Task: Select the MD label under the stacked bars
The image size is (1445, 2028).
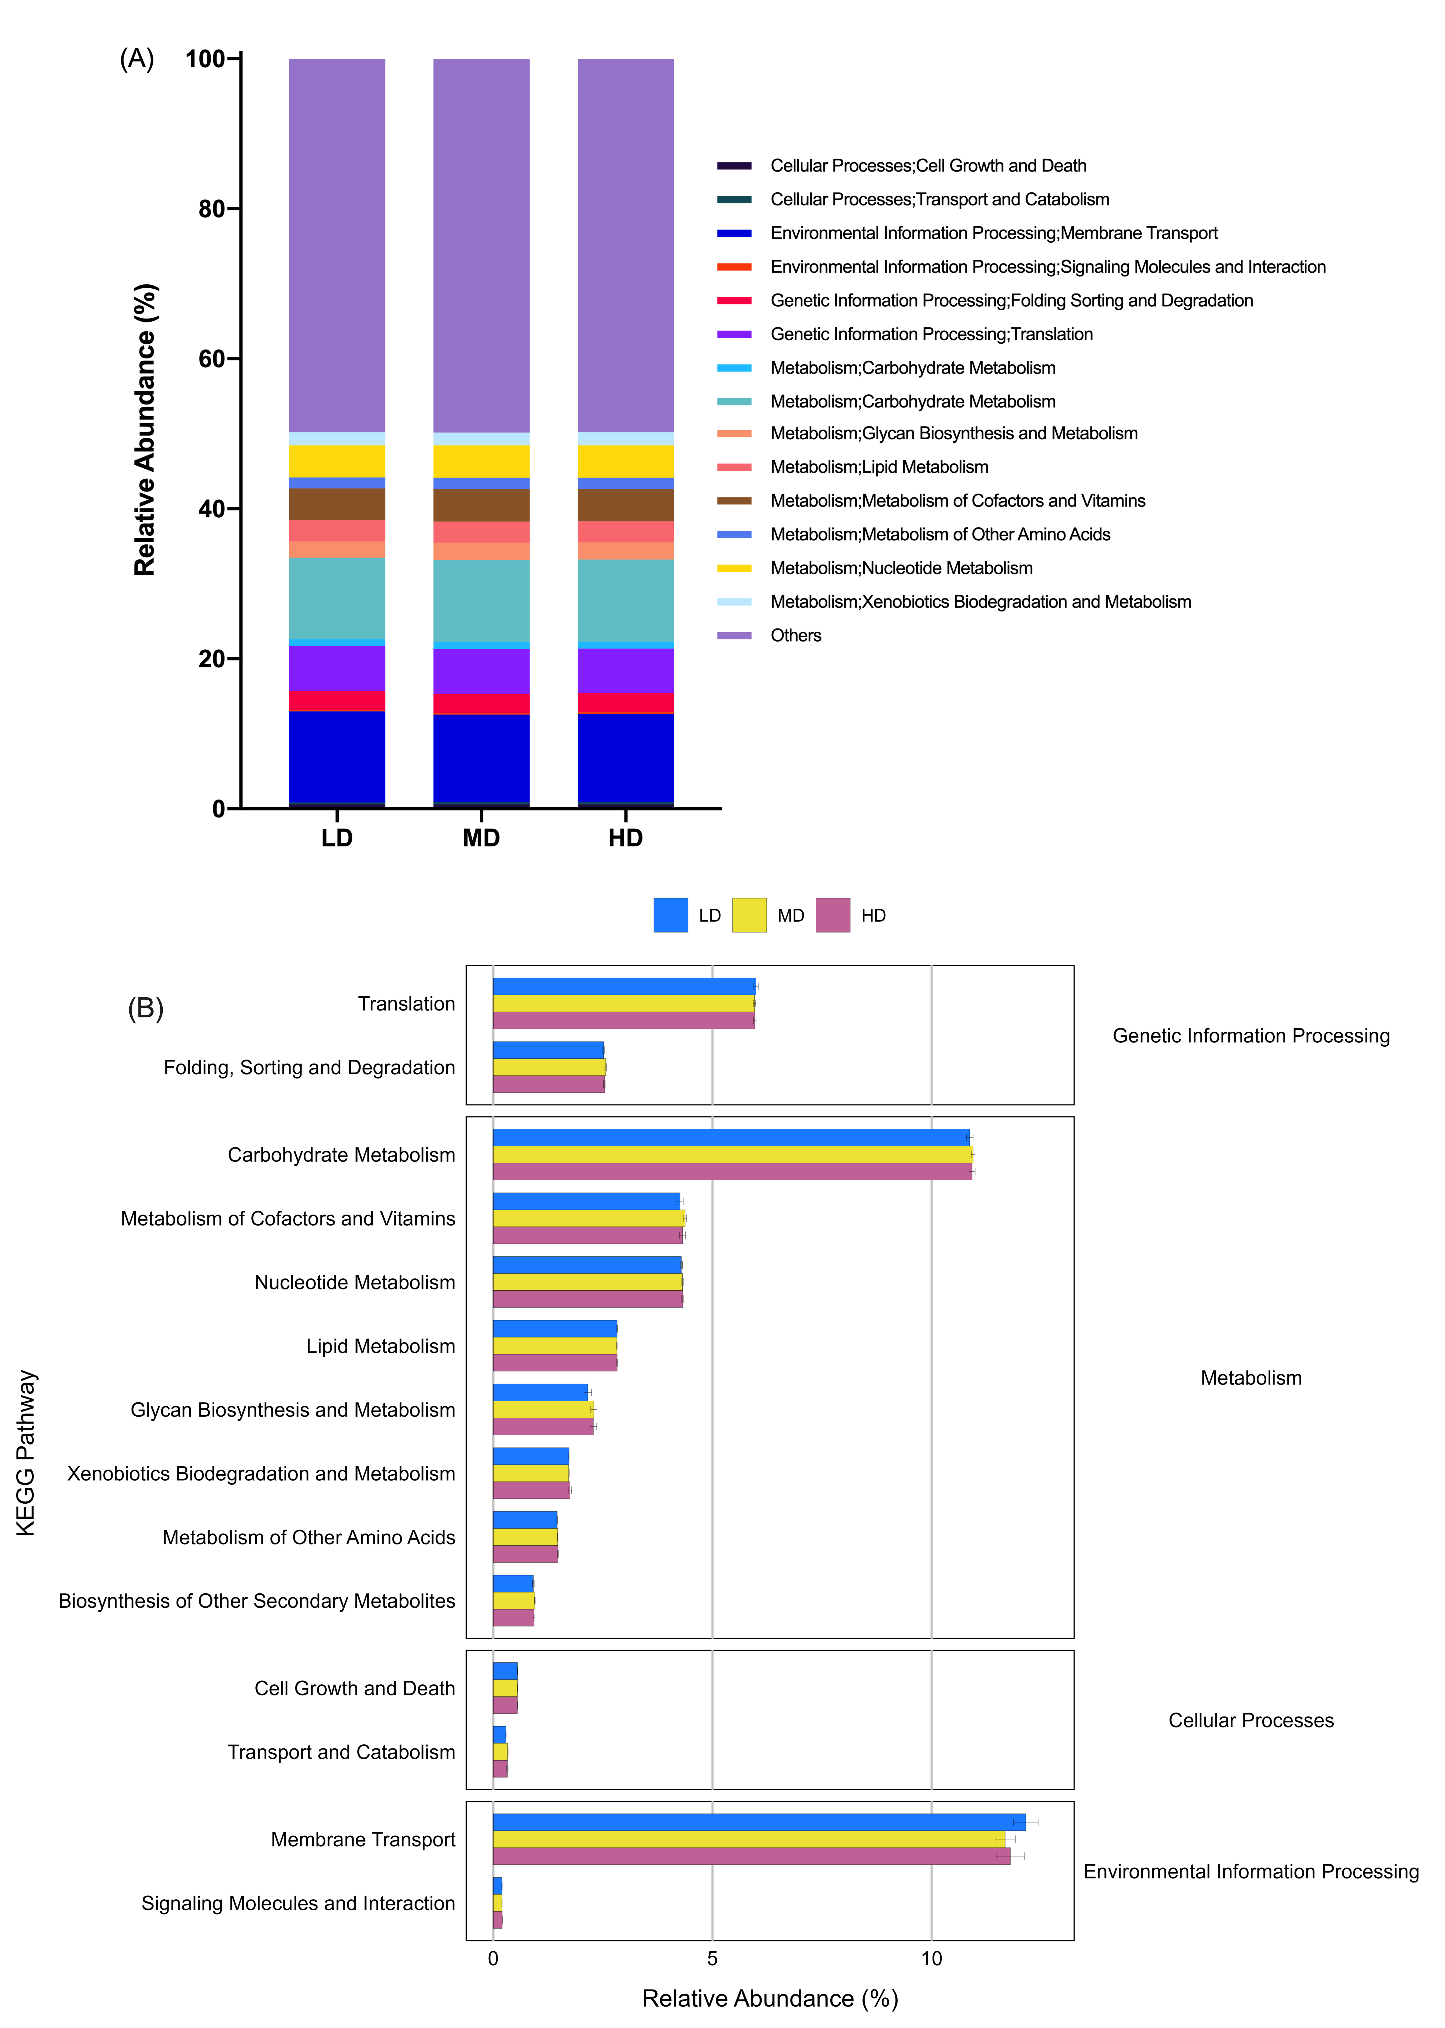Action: pos(481,838)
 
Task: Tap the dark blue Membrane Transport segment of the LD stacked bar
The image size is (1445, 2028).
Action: pos(337,757)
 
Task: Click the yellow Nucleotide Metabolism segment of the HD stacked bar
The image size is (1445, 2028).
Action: pos(625,462)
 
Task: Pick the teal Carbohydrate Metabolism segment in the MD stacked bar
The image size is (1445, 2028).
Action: pos(481,601)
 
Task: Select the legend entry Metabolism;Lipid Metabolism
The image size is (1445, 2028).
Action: pos(879,467)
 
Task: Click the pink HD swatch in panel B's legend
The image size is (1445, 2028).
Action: pos(833,915)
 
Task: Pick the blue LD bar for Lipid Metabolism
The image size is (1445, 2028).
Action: pos(555,1329)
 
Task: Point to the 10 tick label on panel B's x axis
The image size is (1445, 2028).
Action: pos(932,1959)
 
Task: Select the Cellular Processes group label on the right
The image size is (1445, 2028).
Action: pos(1251,1720)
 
